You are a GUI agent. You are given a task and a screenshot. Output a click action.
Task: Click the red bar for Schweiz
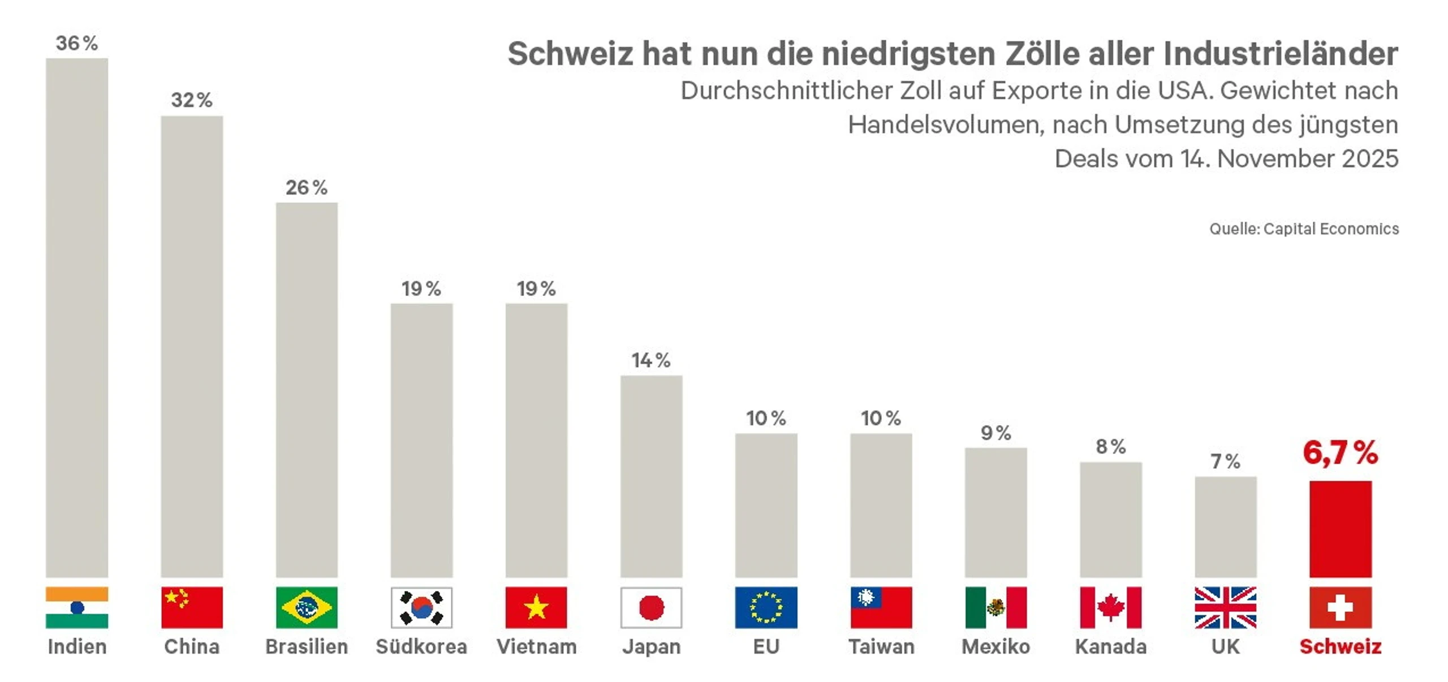tap(1340, 529)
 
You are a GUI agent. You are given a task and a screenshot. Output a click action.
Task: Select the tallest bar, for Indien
tap(77, 317)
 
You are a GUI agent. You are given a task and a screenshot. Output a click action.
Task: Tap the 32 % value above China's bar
tap(192, 100)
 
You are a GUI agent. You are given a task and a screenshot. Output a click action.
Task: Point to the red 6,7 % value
tap(1340, 453)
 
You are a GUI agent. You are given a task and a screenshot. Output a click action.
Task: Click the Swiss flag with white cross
tap(1340, 607)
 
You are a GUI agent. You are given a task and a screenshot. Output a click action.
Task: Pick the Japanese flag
tap(651, 607)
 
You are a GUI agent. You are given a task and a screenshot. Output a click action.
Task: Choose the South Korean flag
tap(421, 607)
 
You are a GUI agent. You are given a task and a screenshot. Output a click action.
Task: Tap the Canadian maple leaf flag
tap(1110, 607)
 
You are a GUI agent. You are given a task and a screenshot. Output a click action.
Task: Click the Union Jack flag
tap(1225, 607)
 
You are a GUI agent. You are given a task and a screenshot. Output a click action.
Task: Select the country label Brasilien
tap(307, 646)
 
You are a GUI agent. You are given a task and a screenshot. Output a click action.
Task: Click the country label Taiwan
tap(881, 646)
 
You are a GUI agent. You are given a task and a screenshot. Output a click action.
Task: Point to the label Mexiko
tap(996, 646)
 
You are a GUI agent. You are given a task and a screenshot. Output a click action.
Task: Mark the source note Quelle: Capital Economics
tap(1304, 229)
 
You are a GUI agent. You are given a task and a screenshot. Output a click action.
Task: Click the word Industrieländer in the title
tap(1281, 54)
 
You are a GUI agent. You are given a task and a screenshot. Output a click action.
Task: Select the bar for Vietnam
tap(536, 440)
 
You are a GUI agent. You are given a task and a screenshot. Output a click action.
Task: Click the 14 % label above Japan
tap(651, 360)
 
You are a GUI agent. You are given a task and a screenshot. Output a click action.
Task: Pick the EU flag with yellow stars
tap(766, 607)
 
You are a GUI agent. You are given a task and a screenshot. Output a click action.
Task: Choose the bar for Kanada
tap(1110, 519)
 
